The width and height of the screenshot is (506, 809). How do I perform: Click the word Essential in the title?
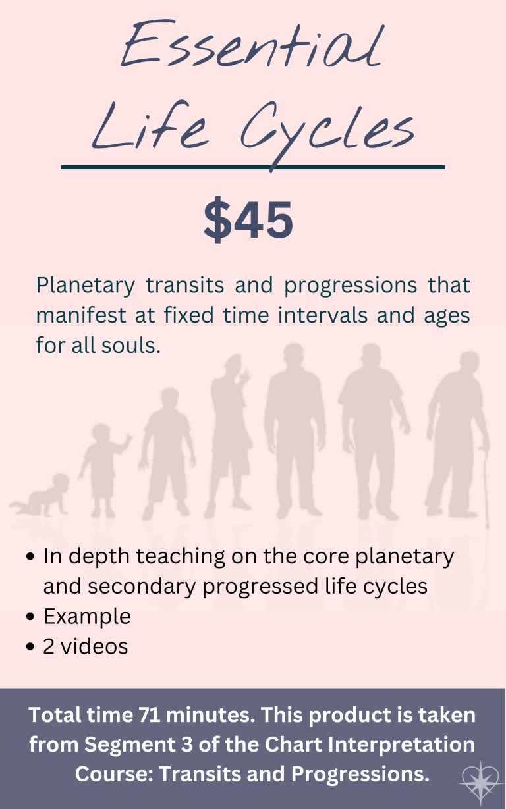pyautogui.click(x=251, y=45)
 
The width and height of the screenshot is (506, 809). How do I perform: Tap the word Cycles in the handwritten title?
pyautogui.click(x=327, y=132)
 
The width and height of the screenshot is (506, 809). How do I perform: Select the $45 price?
pyautogui.click(x=248, y=219)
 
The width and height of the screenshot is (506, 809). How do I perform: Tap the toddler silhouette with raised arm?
pyautogui.click(x=103, y=469)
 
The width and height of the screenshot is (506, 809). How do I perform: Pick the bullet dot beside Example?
pyautogui.click(x=30, y=617)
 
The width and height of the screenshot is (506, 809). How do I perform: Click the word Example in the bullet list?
pyautogui.click(x=87, y=617)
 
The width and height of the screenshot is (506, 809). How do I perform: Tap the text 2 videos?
pyautogui.click(x=85, y=646)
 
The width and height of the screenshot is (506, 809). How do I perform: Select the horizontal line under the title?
pyautogui.click(x=252, y=167)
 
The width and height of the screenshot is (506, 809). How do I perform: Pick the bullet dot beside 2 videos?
pyautogui.click(x=30, y=646)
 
